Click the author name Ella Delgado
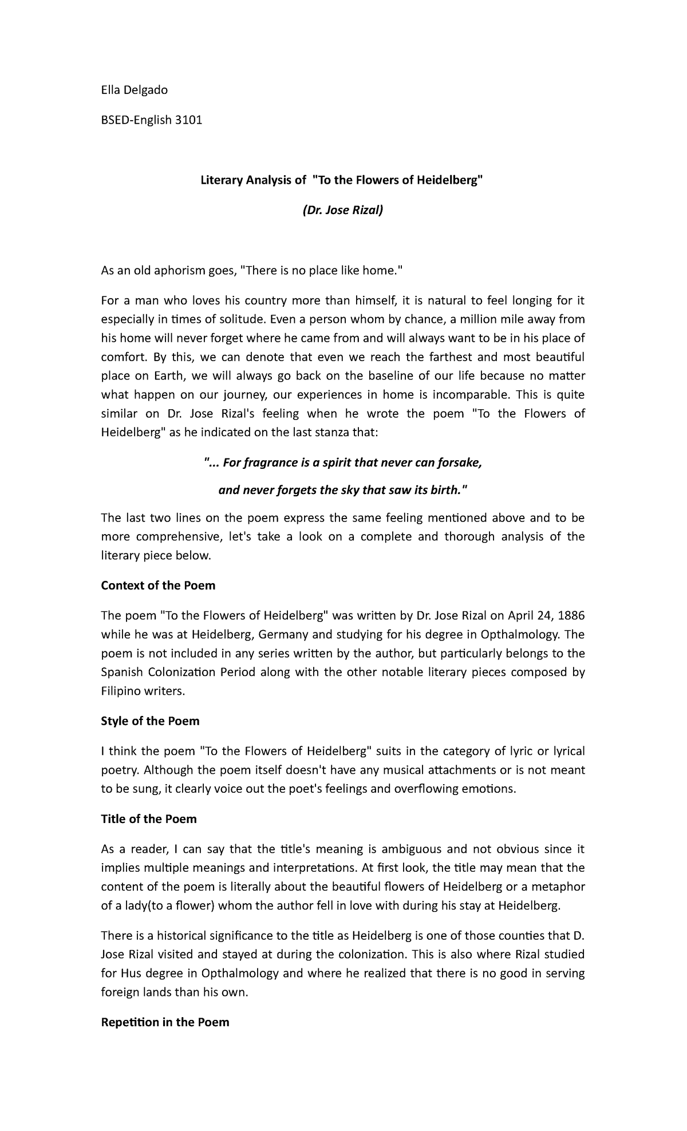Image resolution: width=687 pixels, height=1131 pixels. click(135, 90)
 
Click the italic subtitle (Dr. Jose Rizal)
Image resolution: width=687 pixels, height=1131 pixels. click(342, 211)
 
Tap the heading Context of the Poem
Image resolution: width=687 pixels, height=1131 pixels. click(158, 586)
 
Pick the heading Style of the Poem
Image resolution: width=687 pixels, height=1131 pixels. click(150, 721)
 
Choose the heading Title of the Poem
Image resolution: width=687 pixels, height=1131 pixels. click(149, 819)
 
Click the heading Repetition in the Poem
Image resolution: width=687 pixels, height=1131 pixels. click(165, 1022)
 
